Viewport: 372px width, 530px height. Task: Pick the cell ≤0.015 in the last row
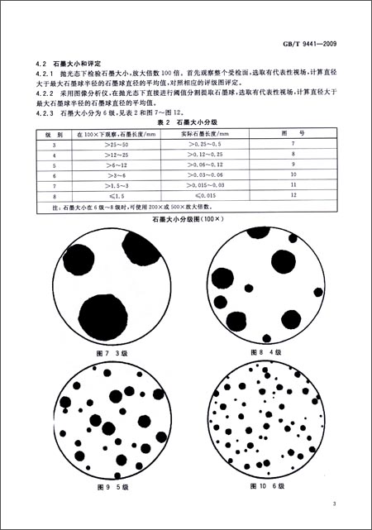(200, 197)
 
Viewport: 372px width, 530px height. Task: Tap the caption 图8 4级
(268, 352)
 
